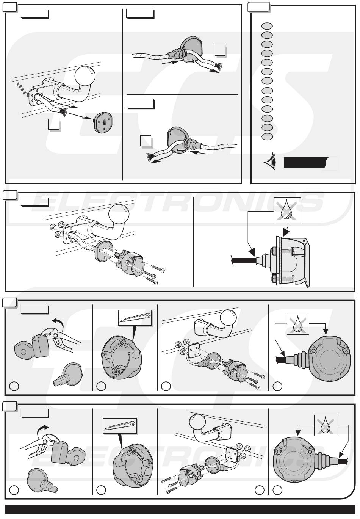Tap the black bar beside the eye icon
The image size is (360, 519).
[306, 162]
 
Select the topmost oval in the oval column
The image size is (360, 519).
[267, 26]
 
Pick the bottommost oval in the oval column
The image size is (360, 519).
[267, 136]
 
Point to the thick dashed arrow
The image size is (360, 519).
[22, 89]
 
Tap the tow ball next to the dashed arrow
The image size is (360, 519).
[85, 76]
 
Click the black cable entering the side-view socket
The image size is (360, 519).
[243, 259]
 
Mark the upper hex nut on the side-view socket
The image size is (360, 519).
[273, 251]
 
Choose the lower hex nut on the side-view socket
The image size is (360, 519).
[273, 277]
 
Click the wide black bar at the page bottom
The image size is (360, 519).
[180, 509]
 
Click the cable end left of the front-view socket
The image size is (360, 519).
[282, 360]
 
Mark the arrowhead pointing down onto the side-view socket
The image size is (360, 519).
[286, 232]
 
